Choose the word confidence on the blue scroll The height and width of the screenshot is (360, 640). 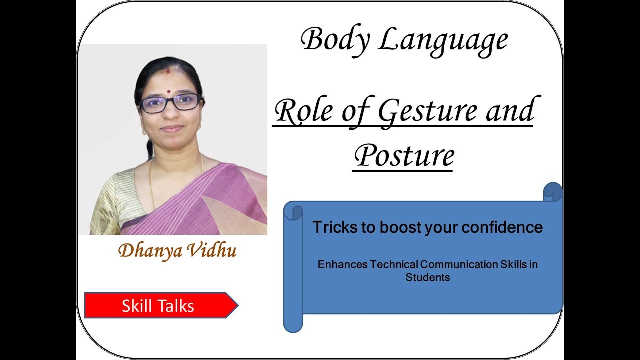point(502,227)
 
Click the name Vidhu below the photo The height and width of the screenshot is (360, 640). point(210,250)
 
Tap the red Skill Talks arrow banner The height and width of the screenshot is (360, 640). point(160,305)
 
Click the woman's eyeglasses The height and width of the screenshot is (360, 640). point(170,103)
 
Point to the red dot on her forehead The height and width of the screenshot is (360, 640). point(169,92)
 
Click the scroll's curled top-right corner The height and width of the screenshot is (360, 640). point(553,192)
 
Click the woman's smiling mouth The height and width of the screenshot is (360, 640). point(172,128)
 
